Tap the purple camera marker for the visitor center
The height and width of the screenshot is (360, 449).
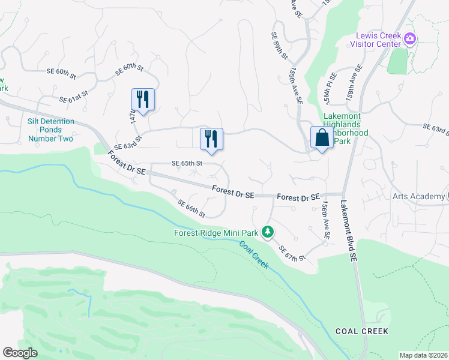[x=410, y=39]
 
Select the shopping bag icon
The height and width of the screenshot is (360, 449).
[x=322, y=137]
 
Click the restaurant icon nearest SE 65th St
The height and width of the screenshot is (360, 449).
[x=211, y=139]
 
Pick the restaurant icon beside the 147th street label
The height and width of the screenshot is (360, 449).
[x=143, y=99]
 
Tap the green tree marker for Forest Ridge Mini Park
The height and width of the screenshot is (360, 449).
[x=270, y=232]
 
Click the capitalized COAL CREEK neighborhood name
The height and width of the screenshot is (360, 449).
[x=362, y=331]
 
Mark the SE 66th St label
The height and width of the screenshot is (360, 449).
[x=191, y=208]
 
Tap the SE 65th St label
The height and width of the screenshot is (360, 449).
[x=187, y=163]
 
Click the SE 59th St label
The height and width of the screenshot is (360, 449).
[x=280, y=46]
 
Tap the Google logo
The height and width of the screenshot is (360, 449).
[x=20, y=353]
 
